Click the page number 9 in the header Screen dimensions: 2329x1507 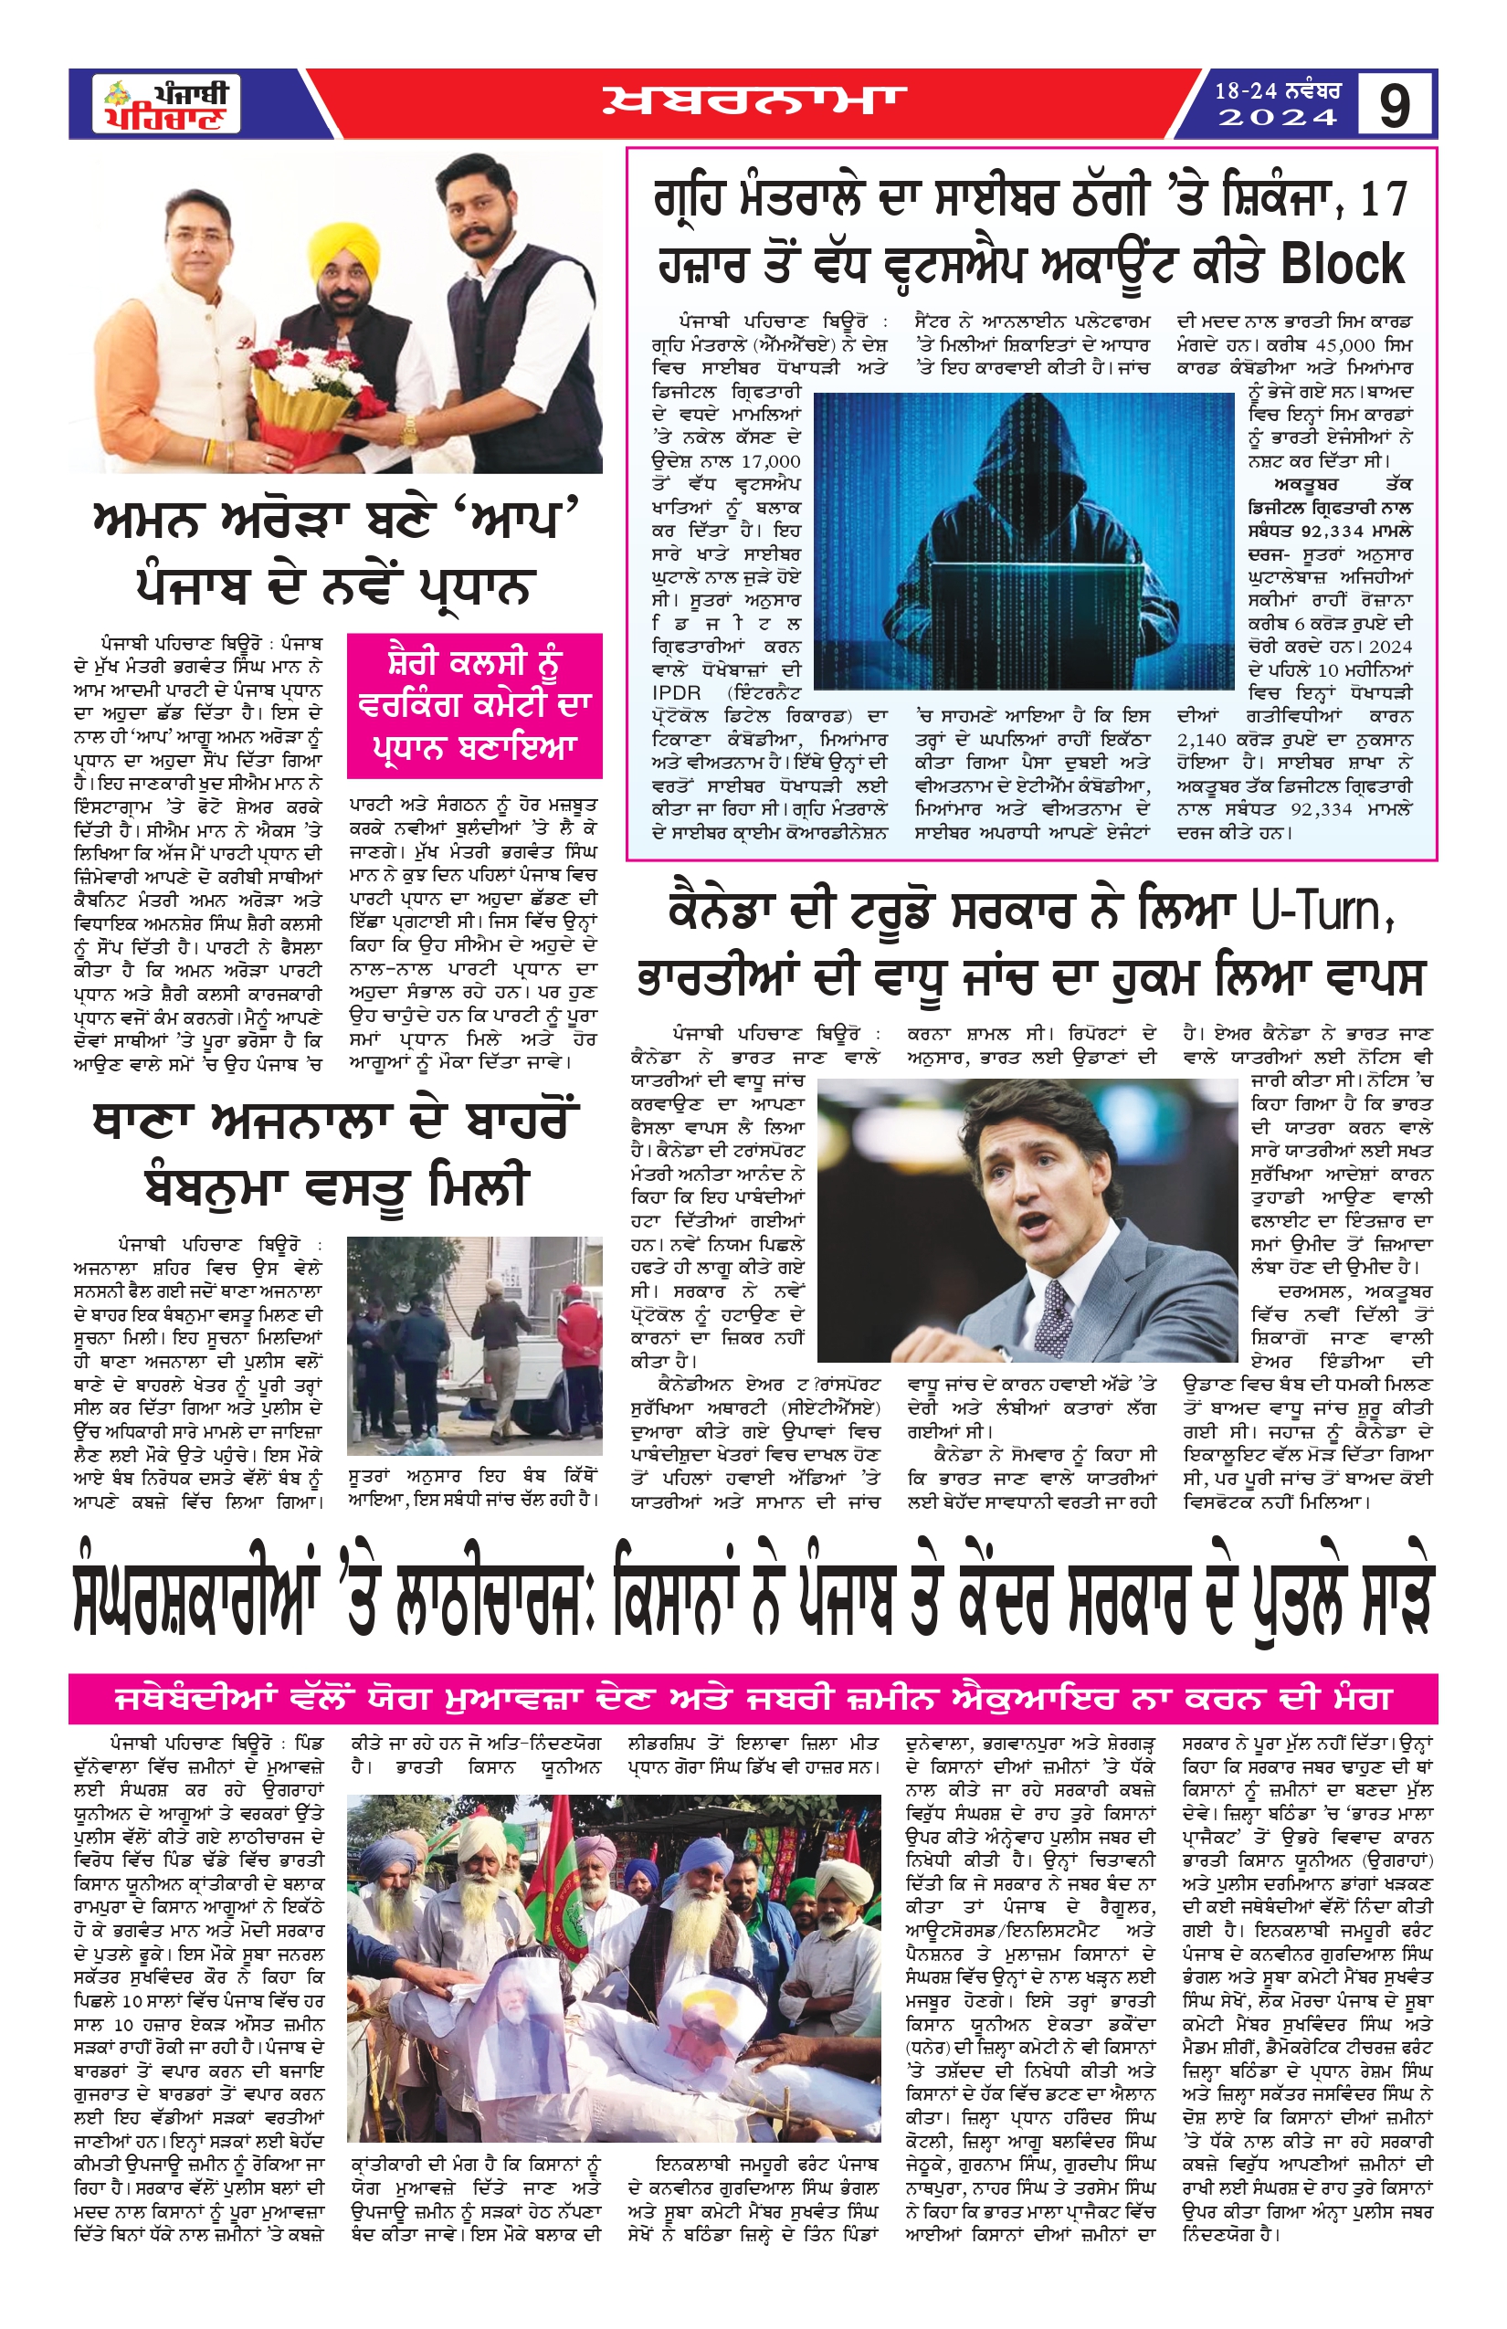click(1395, 105)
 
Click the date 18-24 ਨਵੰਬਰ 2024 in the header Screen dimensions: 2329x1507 click(1277, 104)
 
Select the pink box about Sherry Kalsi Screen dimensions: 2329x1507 click(475, 705)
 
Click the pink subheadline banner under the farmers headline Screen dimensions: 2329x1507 click(753, 1699)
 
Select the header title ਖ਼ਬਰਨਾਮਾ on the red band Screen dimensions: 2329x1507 click(753, 101)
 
